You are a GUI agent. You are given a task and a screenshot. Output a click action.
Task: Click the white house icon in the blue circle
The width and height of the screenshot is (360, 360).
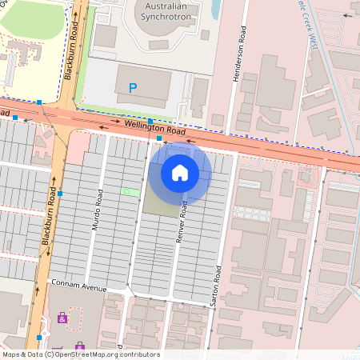pos(180,172)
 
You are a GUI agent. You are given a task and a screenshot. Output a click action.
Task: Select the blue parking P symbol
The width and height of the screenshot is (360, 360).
pos(133,87)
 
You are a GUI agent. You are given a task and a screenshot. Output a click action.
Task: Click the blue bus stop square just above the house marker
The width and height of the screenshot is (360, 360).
pos(160,138)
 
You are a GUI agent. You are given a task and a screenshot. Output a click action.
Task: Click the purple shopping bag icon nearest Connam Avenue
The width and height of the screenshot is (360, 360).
pos(62,318)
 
